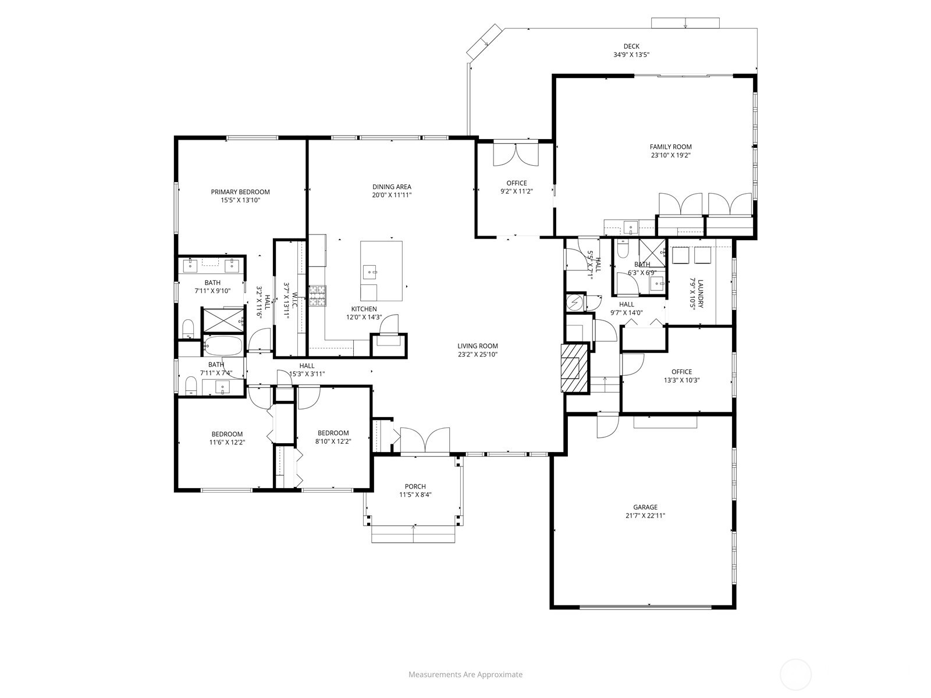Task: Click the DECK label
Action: (631, 47)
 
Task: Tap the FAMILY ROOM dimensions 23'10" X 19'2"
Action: (670, 155)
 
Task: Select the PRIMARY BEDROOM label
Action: (240, 192)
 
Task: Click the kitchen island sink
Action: (370, 272)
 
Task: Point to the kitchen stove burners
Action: (318, 295)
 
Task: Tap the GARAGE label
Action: (645, 507)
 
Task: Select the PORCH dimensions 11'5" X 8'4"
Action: (415, 495)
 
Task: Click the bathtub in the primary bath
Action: (222, 346)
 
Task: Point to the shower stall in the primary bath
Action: (223, 320)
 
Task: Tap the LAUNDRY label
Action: (701, 294)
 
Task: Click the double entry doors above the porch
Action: (425, 440)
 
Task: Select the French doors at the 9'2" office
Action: (516, 155)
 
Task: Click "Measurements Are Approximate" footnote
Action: (465, 675)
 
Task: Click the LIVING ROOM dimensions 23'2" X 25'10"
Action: (477, 354)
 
